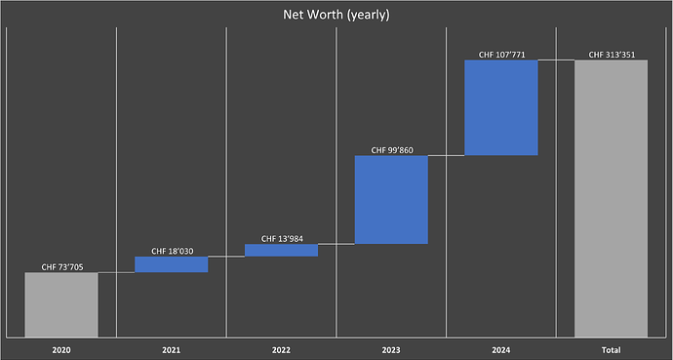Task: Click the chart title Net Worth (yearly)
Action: (x=336, y=16)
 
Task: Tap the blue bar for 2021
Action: (x=171, y=264)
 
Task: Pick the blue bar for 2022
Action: (x=281, y=250)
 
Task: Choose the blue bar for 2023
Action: (x=391, y=199)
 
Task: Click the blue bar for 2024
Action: (x=501, y=107)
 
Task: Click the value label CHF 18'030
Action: (x=172, y=251)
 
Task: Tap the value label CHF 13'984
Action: (x=282, y=238)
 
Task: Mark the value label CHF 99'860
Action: (x=392, y=150)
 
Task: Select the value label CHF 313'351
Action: (x=612, y=55)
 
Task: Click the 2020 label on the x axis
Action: (x=60, y=348)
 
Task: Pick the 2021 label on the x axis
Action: (x=171, y=348)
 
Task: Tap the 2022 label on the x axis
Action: (x=281, y=348)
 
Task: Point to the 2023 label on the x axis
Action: (x=391, y=348)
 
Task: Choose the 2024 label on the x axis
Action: (x=501, y=348)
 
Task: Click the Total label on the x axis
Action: (x=612, y=348)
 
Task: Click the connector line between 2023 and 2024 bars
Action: (x=446, y=155)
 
